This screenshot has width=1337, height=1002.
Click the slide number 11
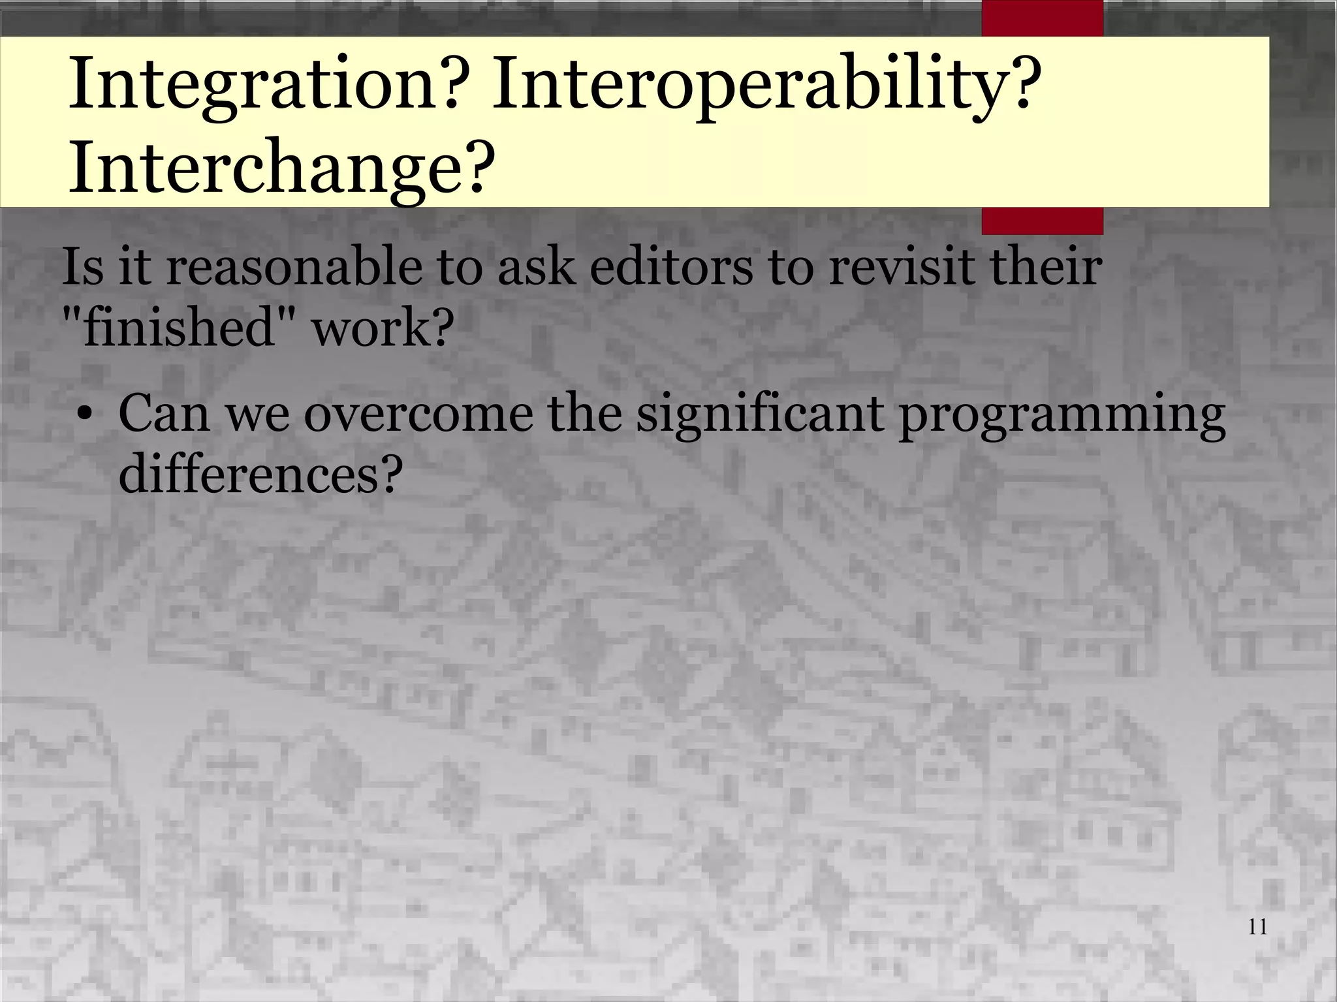(x=1257, y=927)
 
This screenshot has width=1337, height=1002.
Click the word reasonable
(x=294, y=268)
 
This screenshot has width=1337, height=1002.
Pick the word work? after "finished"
(x=383, y=326)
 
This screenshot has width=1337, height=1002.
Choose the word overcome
(x=418, y=414)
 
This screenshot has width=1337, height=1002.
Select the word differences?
(x=259, y=473)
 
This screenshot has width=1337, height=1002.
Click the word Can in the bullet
(x=164, y=414)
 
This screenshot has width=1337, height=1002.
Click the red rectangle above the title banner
(x=1043, y=18)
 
